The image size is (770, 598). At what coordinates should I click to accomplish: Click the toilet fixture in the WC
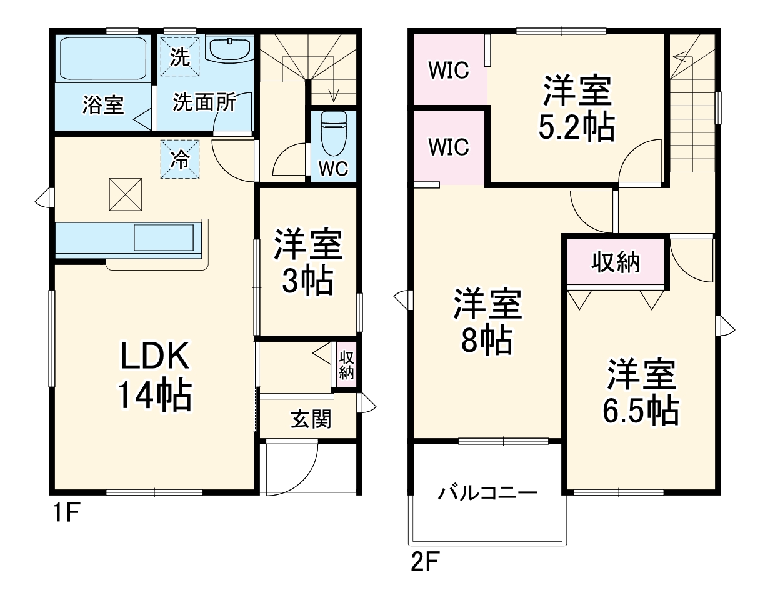pyautogui.click(x=333, y=134)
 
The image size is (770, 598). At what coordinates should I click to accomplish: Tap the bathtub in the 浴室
pyautogui.click(x=103, y=59)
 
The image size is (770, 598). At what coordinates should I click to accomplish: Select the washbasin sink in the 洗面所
pyautogui.click(x=230, y=49)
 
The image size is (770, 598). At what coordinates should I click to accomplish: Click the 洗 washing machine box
pyautogui.click(x=180, y=57)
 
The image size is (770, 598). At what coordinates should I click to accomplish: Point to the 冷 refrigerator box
pyautogui.click(x=180, y=159)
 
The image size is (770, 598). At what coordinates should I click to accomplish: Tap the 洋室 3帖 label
pyautogui.click(x=308, y=263)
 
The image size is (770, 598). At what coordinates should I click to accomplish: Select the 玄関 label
pyautogui.click(x=311, y=419)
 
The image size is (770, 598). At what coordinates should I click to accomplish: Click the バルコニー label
pyautogui.click(x=488, y=493)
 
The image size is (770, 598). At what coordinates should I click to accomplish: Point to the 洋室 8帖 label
pyautogui.click(x=487, y=322)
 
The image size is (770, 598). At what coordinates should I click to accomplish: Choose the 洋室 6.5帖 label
pyautogui.click(x=641, y=392)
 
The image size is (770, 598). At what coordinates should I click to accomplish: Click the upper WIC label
pyautogui.click(x=449, y=70)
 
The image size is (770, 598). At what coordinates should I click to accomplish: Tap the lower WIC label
pyautogui.click(x=449, y=146)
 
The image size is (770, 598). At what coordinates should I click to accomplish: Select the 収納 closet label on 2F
pyautogui.click(x=616, y=262)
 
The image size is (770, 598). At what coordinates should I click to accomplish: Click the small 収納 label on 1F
pyautogui.click(x=346, y=366)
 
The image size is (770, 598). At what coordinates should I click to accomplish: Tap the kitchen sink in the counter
pyautogui.click(x=164, y=237)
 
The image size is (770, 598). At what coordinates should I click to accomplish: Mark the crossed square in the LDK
pyautogui.click(x=126, y=194)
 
